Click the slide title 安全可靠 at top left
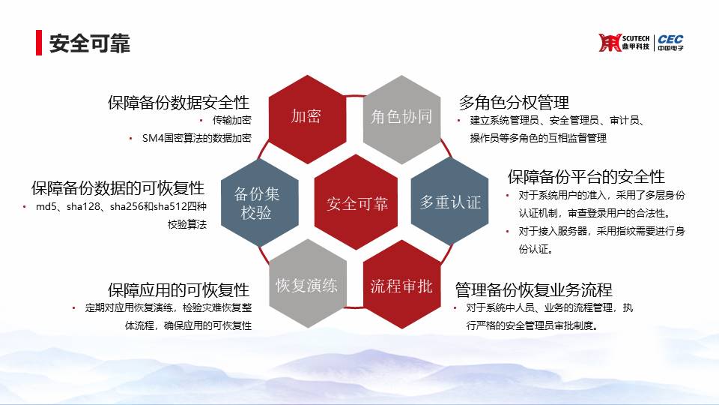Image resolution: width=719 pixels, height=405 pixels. coord(89,43)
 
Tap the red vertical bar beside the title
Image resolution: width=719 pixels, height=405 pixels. coord(39,43)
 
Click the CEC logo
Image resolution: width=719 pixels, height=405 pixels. coord(670,43)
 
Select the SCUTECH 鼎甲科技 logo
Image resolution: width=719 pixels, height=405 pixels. coord(624,43)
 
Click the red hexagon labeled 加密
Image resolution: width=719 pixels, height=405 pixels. coord(306,118)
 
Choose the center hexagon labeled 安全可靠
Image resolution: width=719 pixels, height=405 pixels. coord(357,202)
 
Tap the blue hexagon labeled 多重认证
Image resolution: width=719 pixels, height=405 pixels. coord(449,202)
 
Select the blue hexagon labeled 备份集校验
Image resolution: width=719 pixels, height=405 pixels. coord(260,202)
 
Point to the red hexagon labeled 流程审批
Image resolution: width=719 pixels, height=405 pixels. coord(401,285)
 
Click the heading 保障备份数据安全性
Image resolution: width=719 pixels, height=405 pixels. coord(178,103)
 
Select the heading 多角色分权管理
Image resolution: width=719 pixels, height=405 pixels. coord(514,103)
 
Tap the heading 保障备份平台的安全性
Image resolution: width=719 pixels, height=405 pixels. coord(586,176)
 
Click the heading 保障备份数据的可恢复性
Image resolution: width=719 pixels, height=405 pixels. coord(118,187)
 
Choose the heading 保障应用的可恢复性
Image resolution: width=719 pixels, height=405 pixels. coord(178,289)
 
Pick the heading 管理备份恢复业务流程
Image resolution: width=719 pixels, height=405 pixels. coord(534,289)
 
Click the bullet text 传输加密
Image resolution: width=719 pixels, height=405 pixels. coord(231,120)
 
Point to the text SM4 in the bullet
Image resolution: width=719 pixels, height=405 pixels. coord(153,138)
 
